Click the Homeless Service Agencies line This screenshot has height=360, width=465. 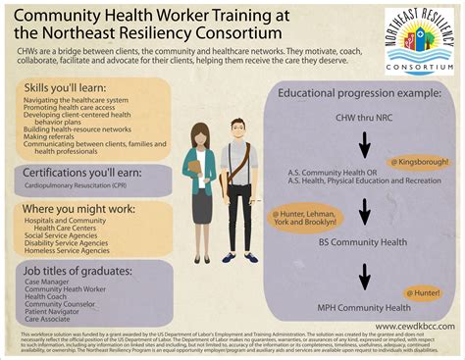point(75,249)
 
